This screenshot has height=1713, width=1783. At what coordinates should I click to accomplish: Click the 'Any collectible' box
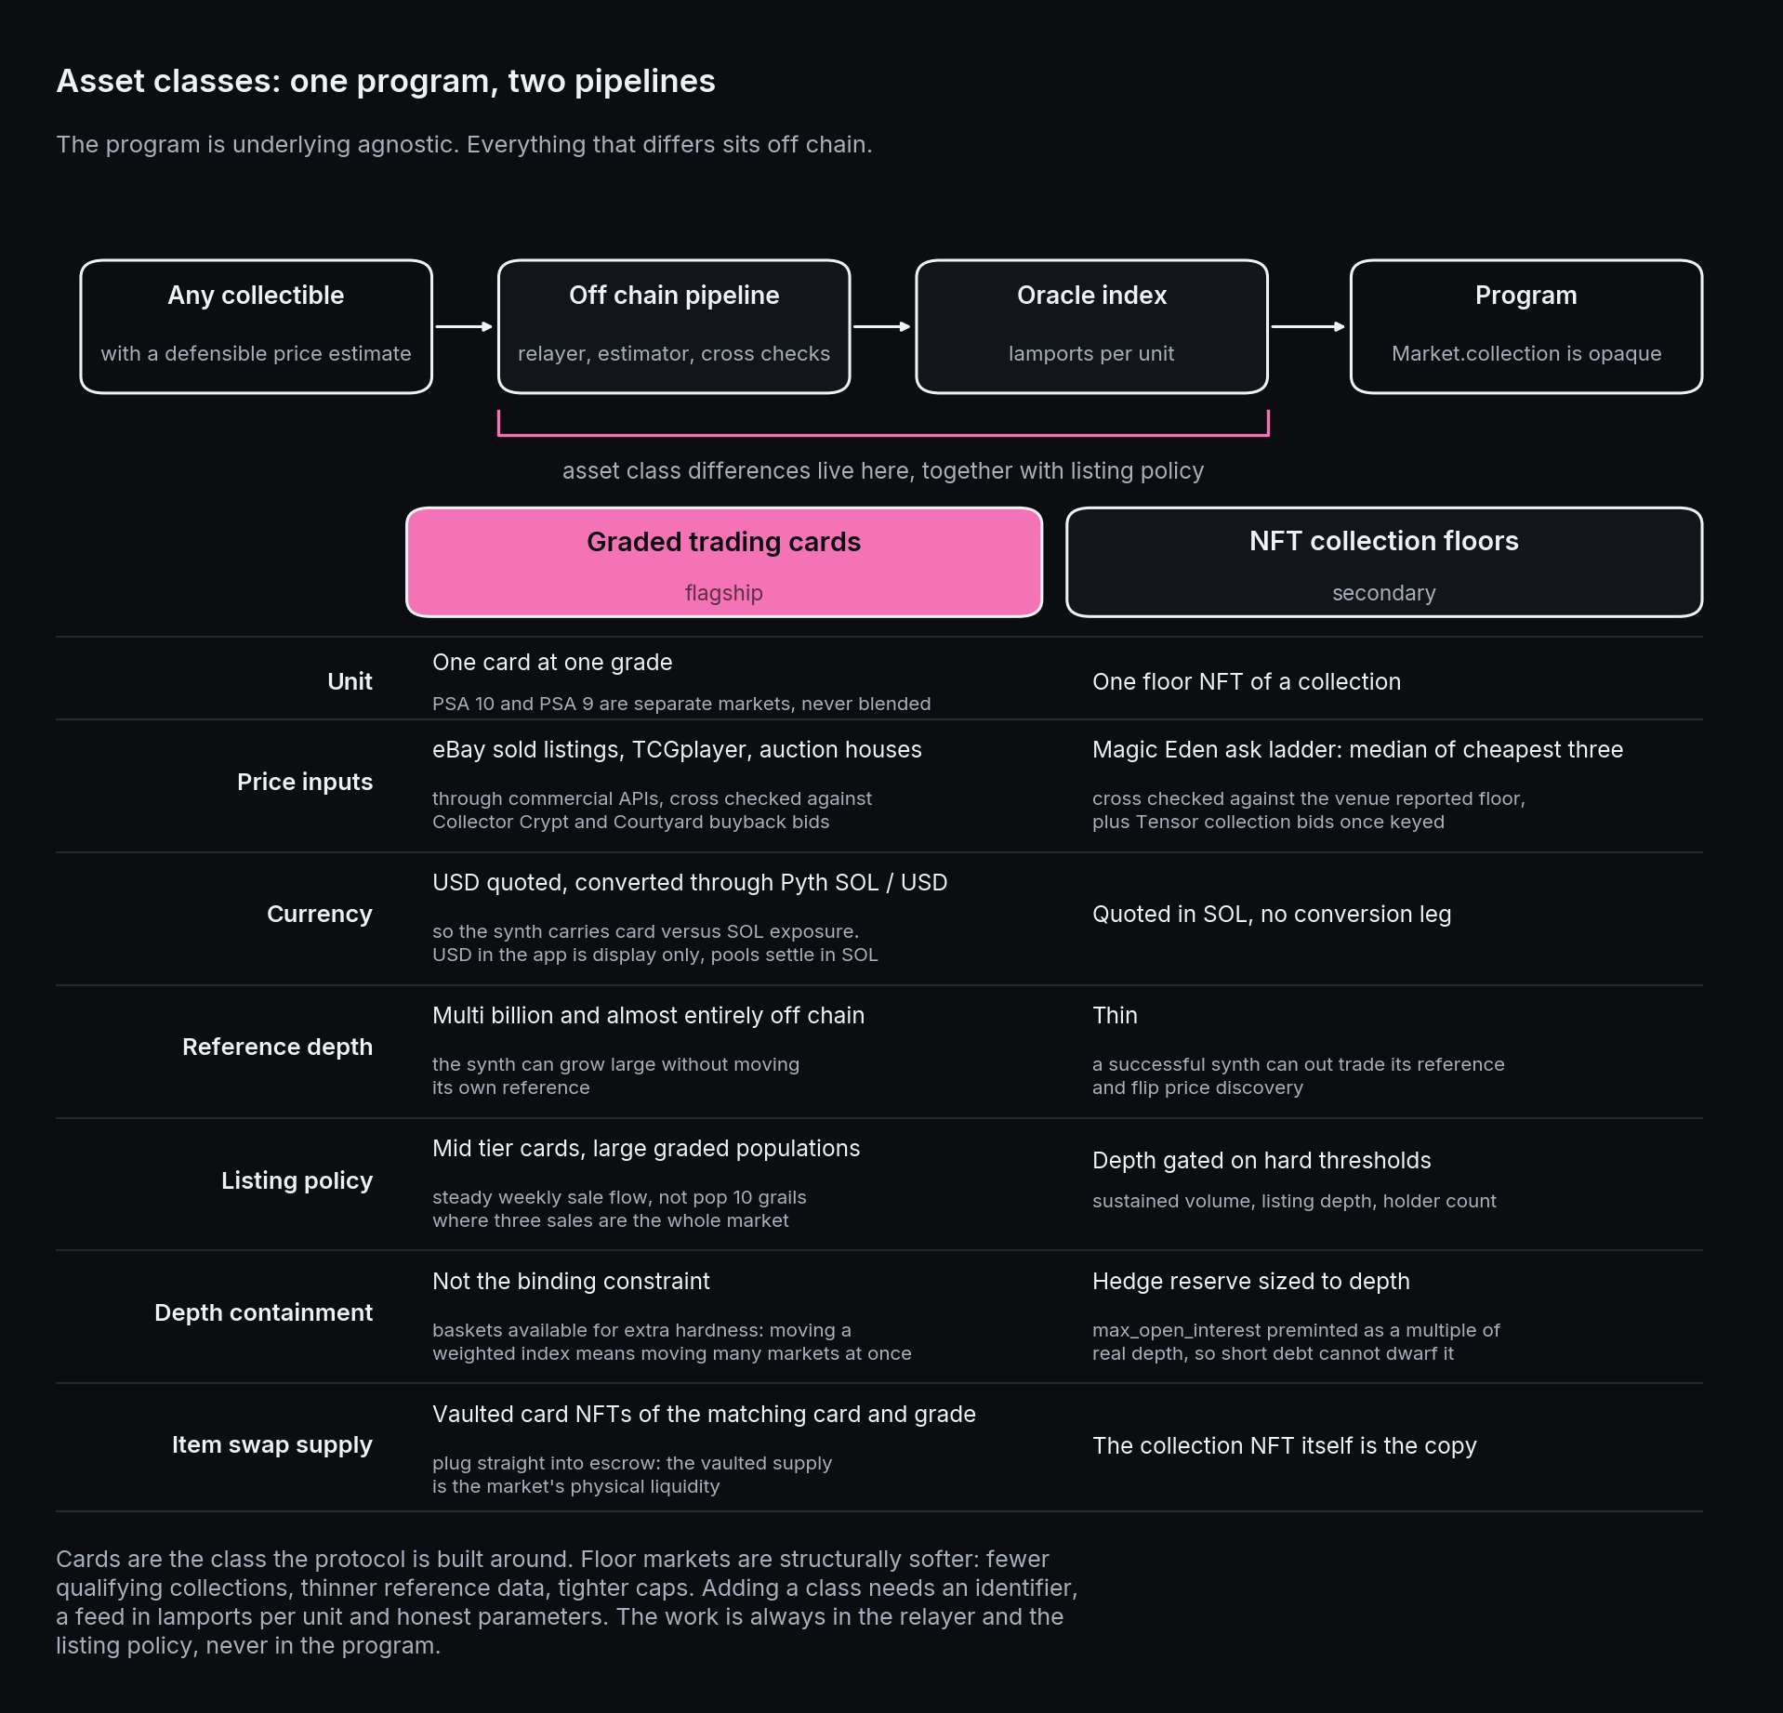point(256,326)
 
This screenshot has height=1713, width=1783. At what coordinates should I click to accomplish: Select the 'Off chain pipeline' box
point(674,326)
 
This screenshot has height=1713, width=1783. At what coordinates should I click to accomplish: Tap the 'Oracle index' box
point(1091,326)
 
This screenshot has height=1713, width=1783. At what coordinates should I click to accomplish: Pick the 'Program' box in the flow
point(1526,326)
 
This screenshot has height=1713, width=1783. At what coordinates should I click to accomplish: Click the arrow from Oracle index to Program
point(1308,326)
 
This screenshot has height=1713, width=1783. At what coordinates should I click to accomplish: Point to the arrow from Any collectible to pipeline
point(464,326)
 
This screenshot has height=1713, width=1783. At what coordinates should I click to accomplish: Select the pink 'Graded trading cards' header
point(724,562)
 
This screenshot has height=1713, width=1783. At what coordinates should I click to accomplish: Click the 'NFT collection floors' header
point(1384,562)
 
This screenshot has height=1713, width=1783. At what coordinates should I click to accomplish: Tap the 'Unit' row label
point(350,681)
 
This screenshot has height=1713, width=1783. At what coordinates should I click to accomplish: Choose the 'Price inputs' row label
point(305,782)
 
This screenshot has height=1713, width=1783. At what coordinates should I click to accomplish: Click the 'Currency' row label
point(320,915)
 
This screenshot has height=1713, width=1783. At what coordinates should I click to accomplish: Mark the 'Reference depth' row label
point(278,1048)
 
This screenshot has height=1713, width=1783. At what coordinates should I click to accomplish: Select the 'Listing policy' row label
point(297,1180)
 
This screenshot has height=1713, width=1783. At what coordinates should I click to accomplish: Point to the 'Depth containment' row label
point(264,1312)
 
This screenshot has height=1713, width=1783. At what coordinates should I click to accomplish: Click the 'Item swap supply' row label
point(272,1445)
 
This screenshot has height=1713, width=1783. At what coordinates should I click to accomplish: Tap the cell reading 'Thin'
point(1115,1015)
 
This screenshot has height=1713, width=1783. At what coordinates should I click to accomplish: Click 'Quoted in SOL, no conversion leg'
point(1272,915)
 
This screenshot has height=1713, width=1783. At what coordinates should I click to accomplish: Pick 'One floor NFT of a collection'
point(1247,681)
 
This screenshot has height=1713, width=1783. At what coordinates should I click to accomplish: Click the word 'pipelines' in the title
point(645,82)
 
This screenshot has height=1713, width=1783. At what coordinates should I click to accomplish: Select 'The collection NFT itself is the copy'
point(1285,1446)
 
